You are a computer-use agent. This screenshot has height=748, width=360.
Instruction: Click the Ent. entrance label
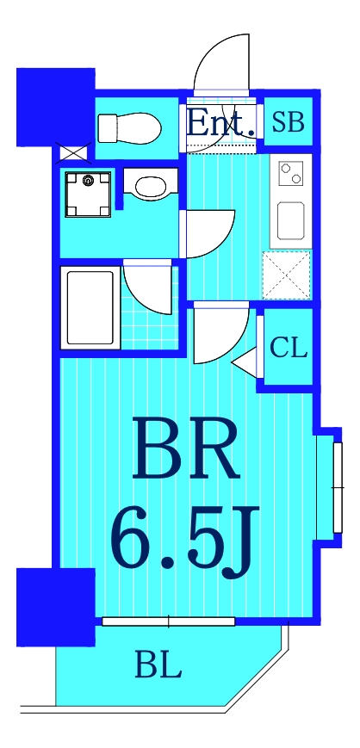[x=220, y=122]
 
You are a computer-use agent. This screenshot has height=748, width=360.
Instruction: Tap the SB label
[x=288, y=122]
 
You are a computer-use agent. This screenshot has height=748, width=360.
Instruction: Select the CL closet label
[x=288, y=348]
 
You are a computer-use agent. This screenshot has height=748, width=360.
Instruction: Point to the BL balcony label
[x=158, y=665]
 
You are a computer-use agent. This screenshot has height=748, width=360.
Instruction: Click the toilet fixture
[x=129, y=128]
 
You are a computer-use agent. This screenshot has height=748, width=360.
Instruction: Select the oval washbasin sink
[x=152, y=187]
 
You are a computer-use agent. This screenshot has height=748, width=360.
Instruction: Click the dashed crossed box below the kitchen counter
[x=286, y=275]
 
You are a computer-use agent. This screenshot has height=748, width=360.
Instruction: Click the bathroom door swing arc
[x=150, y=288]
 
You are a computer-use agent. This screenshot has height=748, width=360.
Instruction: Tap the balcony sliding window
[x=168, y=621]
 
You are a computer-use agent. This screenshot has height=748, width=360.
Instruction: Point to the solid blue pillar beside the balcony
[x=55, y=606]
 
